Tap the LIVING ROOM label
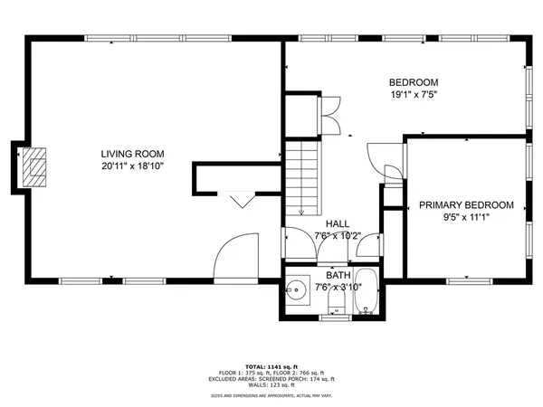click(x=131, y=153)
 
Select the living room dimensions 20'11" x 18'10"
click(x=131, y=166)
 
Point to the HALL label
click(x=338, y=223)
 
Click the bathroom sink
click(x=297, y=292)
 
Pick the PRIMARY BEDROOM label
click(x=466, y=205)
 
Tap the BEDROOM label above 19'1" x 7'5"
click(x=414, y=80)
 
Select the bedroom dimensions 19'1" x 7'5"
click(x=414, y=94)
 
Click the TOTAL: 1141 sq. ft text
click(x=271, y=365)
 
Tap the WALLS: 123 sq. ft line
click(x=271, y=386)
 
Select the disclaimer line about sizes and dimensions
click(x=271, y=395)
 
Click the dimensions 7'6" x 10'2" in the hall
click(x=338, y=237)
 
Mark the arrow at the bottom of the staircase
click(x=300, y=210)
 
